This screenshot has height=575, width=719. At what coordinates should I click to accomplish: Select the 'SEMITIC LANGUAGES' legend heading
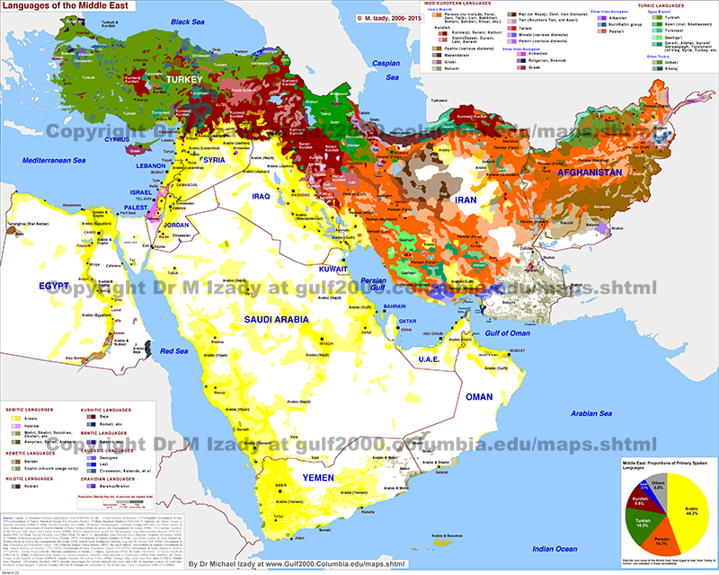tap(31, 409)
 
